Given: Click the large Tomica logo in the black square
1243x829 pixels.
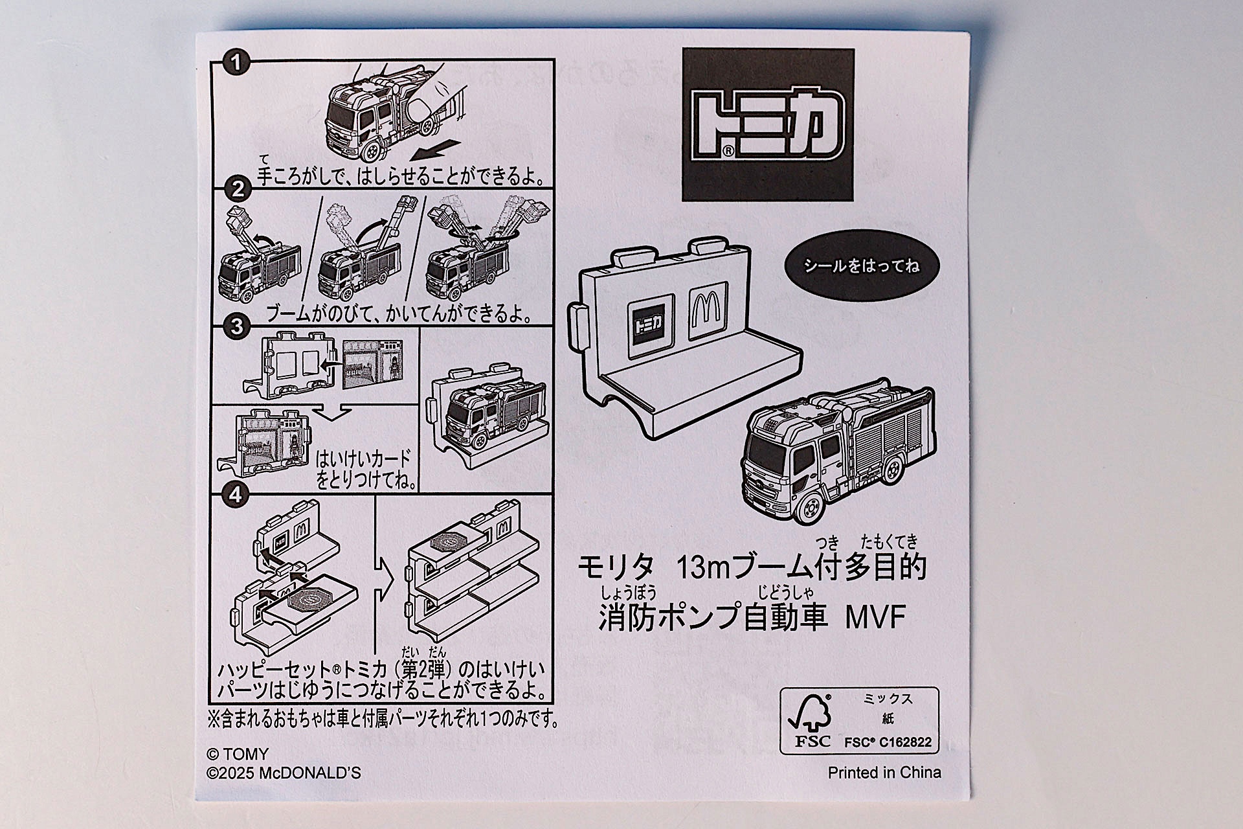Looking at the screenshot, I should pyautogui.click(x=768, y=125).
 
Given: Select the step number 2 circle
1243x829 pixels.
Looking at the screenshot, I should pyautogui.click(x=237, y=189).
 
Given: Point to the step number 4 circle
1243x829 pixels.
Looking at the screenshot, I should pyautogui.click(x=235, y=495).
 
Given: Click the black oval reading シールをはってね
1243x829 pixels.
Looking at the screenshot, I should pyautogui.click(x=861, y=266).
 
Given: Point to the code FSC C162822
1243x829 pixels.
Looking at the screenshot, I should pyautogui.click(x=888, y=742).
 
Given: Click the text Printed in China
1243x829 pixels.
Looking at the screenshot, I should pyautogui.click(x=884, y=773).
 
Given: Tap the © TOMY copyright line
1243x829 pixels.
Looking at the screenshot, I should pyautogui.click(x=237, y=755).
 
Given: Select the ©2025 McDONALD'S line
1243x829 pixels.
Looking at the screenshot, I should pyautogui.click(x=284, y=773).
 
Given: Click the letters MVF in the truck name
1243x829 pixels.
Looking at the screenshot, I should pyautogui.click(x=875, y=617).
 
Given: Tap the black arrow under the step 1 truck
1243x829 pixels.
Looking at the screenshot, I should pyautogui.click(x=435, y=151).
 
